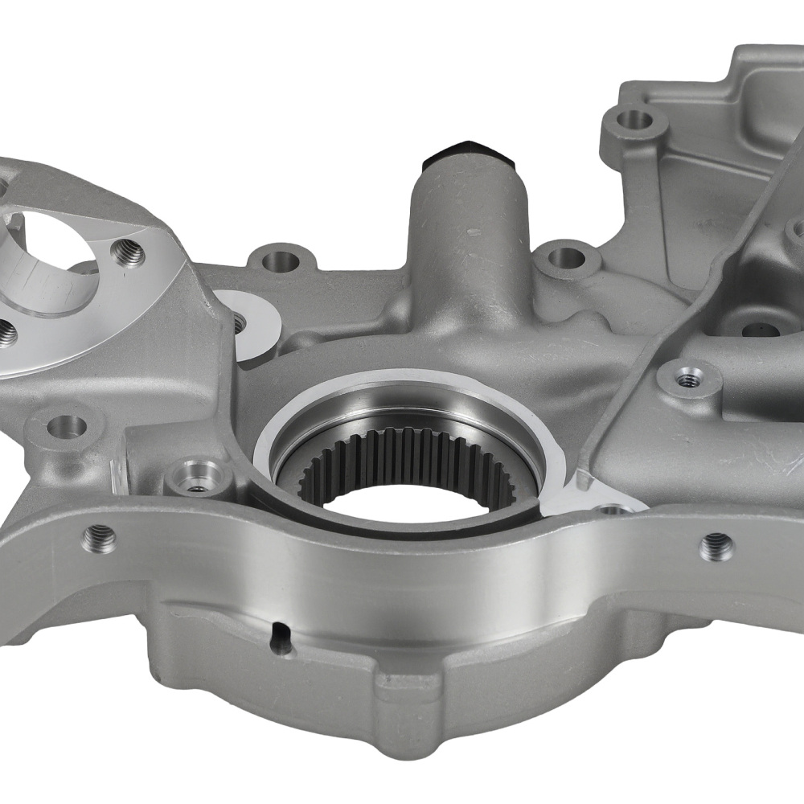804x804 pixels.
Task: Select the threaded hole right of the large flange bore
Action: (128, 254)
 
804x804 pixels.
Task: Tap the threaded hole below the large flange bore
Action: (6, 332)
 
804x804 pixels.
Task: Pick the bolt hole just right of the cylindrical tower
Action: (567, 257)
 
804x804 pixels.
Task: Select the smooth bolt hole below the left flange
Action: (66, 426)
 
